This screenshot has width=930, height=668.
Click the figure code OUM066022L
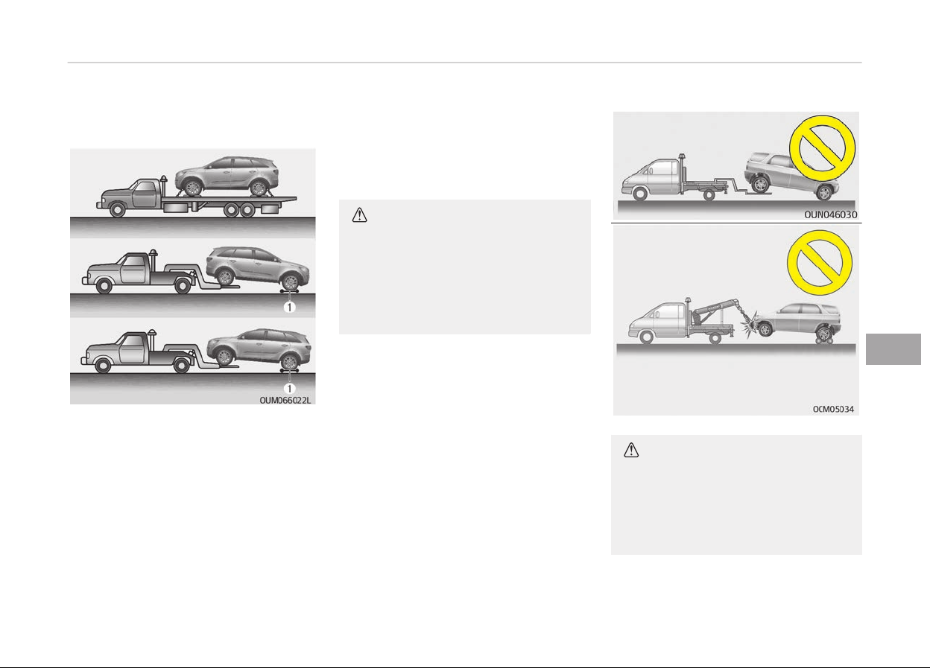285,401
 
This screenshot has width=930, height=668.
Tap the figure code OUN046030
830,214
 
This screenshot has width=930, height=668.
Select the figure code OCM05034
833,409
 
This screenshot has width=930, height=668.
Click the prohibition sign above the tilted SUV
822,148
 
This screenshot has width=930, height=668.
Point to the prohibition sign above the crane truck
820,263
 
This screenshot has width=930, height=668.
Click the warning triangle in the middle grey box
359,215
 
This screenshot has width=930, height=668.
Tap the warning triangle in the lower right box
631,450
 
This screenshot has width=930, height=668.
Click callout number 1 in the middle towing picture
289,307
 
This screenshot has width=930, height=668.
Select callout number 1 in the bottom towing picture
289,388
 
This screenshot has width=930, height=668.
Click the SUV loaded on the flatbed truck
227,176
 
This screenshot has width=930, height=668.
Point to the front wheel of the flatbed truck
117,209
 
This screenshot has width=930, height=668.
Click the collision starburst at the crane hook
750,325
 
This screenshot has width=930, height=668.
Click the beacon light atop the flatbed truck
163,179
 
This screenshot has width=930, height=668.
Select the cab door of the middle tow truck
133,270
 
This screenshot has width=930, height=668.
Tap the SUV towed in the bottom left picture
259,349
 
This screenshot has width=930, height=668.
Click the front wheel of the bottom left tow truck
103,366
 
